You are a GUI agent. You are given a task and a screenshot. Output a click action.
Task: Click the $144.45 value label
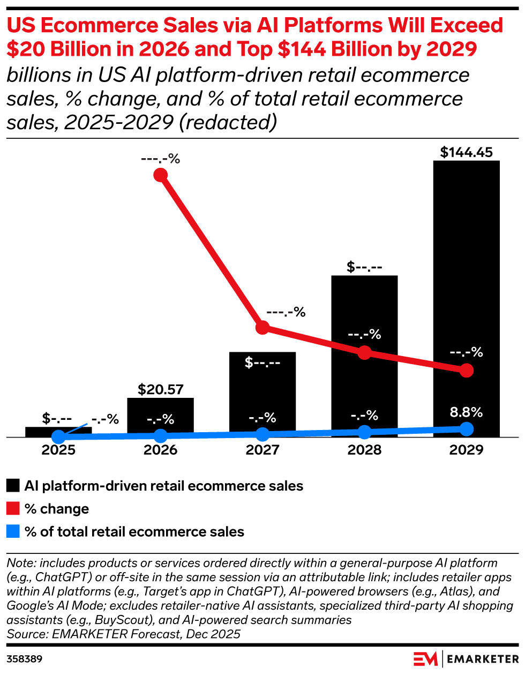466,152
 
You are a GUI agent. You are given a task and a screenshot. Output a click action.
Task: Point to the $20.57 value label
161,389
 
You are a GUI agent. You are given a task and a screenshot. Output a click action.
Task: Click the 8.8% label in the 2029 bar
466,412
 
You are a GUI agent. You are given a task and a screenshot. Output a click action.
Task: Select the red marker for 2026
160,175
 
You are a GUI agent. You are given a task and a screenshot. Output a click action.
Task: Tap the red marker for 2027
262,328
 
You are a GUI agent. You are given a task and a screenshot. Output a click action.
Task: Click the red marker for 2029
467,371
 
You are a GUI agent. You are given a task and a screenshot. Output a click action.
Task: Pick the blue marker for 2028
364,432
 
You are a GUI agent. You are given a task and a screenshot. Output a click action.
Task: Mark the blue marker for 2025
58,437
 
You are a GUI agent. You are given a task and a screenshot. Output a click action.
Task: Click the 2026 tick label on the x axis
161,450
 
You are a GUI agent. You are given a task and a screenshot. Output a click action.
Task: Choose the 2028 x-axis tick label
364,450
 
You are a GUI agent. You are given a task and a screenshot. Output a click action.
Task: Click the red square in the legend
13,509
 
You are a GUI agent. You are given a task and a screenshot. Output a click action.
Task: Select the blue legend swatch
13,532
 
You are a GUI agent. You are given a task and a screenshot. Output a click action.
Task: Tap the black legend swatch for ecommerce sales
13,486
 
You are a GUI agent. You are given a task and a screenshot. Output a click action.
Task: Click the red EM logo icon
425,658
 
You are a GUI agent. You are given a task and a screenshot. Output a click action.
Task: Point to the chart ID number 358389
25,658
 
